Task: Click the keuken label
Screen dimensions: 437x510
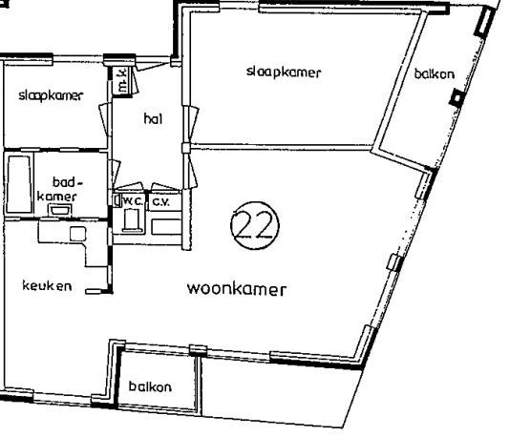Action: pyautogui.click(x=47, y=285)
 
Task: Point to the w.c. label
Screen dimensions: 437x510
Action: pyautogui.click(x=131, y=201)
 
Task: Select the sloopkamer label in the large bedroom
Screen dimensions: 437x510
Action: pyautogui.click(x=282, y=72)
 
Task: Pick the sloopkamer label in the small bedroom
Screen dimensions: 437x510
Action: pyautogui.click(x=51, y=95)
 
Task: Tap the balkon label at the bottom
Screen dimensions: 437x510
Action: pyautogui.click(x=150, y=386)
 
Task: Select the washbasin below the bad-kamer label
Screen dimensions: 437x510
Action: pyautogui.click(x=60, y=207)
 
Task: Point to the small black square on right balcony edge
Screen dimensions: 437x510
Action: pyautogui.click(x=457, y=97)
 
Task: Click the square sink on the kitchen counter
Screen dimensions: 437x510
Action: pyautogui.click(x=75, y=234)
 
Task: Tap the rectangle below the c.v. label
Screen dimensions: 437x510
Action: pyautogui.click(x=166, y=225)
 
